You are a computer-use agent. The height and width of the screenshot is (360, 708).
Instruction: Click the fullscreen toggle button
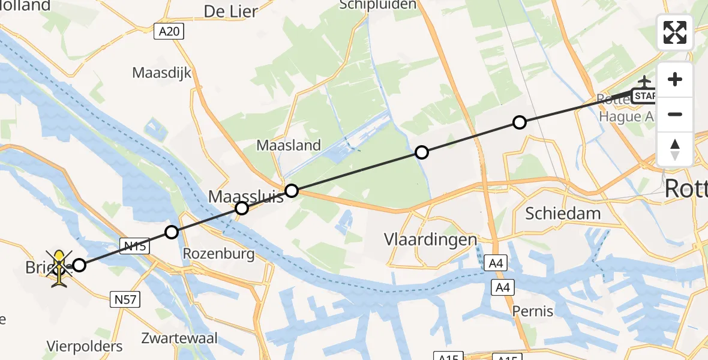click(675, 32)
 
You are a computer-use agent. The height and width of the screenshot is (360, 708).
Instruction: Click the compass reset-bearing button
click(675, 149)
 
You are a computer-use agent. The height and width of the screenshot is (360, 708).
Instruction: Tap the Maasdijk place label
click(161, 73)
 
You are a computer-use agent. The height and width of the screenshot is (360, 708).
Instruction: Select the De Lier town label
click(231, 11)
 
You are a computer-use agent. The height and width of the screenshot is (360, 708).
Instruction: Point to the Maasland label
click(289, 145)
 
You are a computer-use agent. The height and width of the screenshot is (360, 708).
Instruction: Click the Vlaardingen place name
click(431, 240)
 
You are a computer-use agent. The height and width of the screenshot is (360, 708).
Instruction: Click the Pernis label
click(533, 311)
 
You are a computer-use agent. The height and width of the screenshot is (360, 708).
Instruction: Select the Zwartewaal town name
click(180, 338)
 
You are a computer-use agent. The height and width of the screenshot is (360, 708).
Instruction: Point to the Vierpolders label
click(85, 346)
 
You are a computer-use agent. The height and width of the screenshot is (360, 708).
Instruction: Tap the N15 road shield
click(136, 244)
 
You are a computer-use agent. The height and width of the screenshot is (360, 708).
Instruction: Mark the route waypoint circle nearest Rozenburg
click(172, 232)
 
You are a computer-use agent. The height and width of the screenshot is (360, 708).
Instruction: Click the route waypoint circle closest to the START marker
click(520, 122)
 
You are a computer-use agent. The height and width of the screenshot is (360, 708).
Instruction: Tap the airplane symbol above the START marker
click(644, 81)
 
